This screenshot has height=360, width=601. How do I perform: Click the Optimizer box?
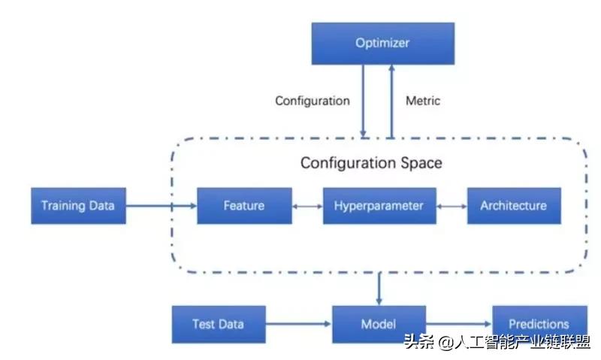coord(383,43)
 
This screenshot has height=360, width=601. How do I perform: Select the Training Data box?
coord(78,205)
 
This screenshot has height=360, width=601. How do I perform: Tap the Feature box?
coord(243,205)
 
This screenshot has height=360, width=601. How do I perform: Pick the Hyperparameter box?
coord(379,205)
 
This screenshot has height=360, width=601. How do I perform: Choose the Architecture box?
coord(514,205)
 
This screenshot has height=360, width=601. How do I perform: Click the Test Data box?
coord(218,324)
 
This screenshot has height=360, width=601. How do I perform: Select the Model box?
coord(379,324)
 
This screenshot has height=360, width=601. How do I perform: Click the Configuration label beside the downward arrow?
coord(313,100)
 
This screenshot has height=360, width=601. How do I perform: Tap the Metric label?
coord(423,100)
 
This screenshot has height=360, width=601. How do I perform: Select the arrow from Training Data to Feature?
coord(161,205)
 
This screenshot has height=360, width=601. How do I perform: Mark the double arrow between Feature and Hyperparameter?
coord(307,205)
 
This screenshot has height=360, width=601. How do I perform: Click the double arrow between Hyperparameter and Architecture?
coord(452,205)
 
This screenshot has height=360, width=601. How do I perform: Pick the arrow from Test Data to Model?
coord(297,324)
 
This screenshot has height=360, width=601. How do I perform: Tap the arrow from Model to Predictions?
coord(458,324)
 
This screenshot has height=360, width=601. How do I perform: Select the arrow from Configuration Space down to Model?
coord(379,288)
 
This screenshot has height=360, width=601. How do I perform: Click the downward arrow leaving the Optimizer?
coord(364,101)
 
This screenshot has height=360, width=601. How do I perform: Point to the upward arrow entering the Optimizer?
coord(391,101)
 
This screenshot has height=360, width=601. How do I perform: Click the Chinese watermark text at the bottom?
coord(497,343)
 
